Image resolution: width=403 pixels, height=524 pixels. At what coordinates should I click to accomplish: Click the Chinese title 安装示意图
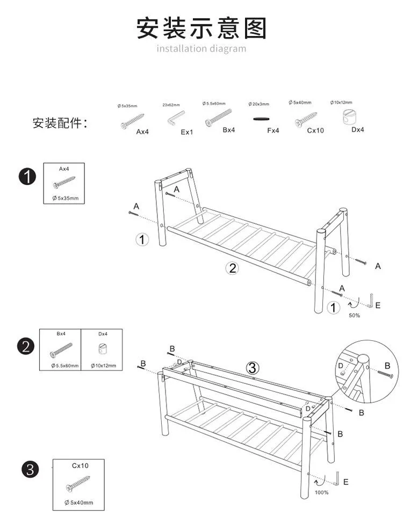pyautogui.click(x=201, y=27)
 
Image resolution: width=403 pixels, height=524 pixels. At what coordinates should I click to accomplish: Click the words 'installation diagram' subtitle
pyautogui.click(x=201, y=49)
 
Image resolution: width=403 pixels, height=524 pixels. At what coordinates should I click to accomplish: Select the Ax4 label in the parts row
pyautogui.click(x=142, y=132)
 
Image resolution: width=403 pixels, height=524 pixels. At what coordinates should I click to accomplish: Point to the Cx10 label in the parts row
pyautogui.click(x=315, y=130)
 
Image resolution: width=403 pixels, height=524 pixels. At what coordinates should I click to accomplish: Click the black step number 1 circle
pyautogui.click(x=27, y=176)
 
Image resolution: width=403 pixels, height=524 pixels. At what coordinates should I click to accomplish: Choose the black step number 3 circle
pyautogui.click(x=30, y=470)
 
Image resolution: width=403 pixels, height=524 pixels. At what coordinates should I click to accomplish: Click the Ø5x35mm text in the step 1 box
pyautogui.click(x=65, y=199)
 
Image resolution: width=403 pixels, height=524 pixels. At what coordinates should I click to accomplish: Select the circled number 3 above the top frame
pyautogui.click(x=253, y=368)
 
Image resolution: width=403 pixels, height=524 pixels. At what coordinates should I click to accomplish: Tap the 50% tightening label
pyautogui.click(x=355, y=315)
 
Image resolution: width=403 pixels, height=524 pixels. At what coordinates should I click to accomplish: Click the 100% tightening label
pyautogui.click(x=321, y=492)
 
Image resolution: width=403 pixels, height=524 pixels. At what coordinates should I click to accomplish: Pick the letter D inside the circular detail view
pyautogui.click(x=341, y=366)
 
